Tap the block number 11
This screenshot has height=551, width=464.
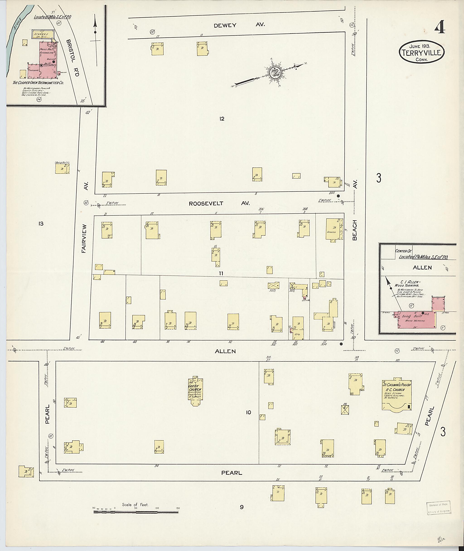click(x=221, y=273)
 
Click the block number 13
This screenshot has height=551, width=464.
click(x=41, y=224)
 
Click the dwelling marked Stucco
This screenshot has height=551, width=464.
click(x=333, y=229)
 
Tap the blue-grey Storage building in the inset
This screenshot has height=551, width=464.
click(x=44, y=34)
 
